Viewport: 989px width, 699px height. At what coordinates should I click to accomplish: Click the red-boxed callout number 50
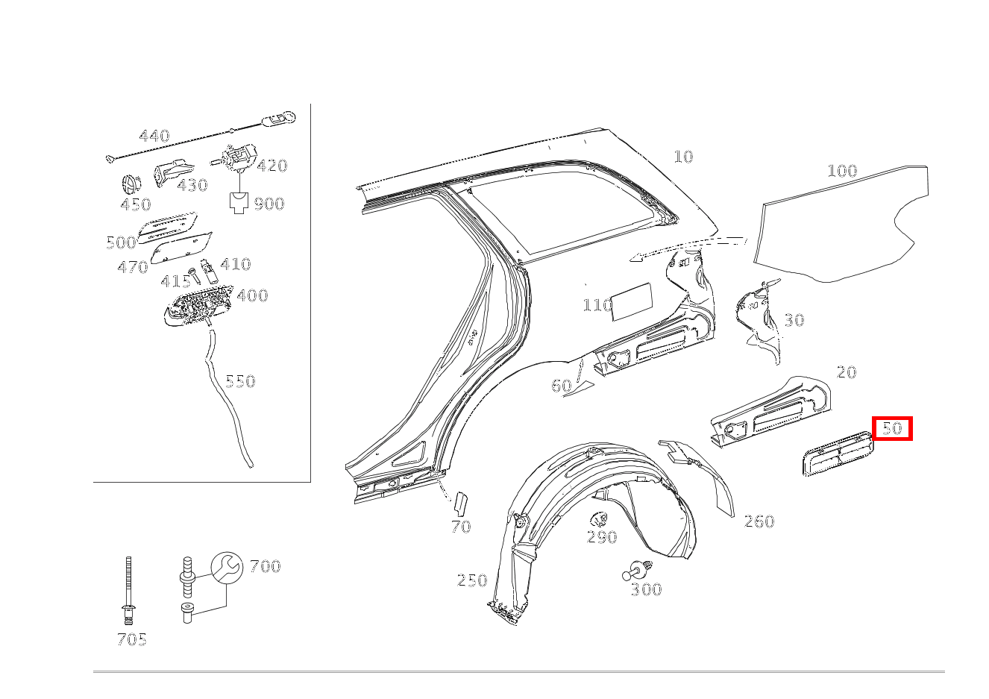tap(892, 428)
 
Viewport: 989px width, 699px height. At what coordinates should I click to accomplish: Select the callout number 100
tap(842, 171)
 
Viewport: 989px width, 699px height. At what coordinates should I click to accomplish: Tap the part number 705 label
tap(131, 639)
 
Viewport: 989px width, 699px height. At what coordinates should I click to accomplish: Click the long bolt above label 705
tap(129, 589)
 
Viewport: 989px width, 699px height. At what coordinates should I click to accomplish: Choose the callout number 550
tap(240, 381)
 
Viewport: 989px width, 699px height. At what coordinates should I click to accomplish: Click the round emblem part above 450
tap(131, 184)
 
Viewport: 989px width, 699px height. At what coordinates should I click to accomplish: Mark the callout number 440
tap(154, 137)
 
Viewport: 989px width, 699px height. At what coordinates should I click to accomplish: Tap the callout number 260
tap(759, 521)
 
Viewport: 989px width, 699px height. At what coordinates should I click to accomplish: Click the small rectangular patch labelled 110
tap(631, 301)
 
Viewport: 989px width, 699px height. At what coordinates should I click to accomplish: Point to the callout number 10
tap(683, 157)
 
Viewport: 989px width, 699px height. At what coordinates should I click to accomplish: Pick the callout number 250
tap(472, 580)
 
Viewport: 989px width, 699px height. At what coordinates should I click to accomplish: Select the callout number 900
tap(269, 204)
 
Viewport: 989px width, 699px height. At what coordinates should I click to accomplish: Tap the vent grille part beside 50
tap(836, 452)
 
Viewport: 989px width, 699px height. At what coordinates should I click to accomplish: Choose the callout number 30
tap(794, 320)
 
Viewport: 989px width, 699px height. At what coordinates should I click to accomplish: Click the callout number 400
tap(252, 295)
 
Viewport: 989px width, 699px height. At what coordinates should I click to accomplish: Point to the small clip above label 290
tap(599, 518)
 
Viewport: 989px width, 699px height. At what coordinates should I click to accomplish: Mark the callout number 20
tap(847, 372)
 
